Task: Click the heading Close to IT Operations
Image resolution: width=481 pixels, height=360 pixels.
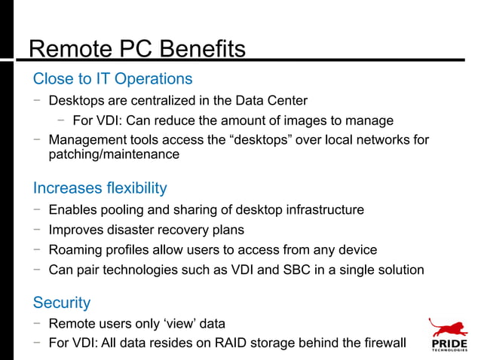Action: tap(112, 78)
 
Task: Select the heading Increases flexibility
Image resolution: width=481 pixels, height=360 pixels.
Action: tap(100, 188)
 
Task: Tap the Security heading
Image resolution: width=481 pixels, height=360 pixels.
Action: tap(62, 303)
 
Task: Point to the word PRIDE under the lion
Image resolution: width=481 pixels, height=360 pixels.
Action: tap(449, 346)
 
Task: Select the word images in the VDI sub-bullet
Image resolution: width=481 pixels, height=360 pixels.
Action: tap(303, 121)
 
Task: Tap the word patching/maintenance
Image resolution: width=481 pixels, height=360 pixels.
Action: tap(114, 154)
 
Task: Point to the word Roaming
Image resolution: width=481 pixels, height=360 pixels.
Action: tap(74, 249)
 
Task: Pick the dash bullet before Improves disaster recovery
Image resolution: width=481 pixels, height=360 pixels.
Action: tap(36, 230)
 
